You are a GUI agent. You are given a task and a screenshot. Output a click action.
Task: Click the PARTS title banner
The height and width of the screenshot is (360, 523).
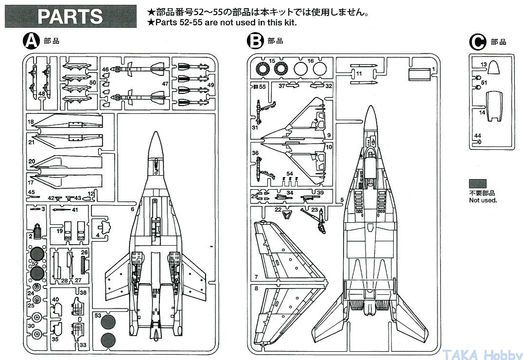point(70,16)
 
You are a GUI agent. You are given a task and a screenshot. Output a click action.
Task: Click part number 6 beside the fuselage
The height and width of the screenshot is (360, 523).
point(132,209)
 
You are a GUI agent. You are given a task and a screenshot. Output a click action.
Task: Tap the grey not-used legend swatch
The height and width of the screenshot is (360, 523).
point(478,183)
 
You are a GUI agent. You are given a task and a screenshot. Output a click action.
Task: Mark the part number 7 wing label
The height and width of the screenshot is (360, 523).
point(256,277)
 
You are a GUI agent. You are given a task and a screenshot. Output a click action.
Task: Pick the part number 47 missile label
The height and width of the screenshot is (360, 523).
point(165,84)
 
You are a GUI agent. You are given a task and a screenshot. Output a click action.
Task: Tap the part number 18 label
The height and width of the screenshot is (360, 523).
point(30,122)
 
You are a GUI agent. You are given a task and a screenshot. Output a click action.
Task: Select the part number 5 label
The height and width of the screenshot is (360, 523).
point(342,200)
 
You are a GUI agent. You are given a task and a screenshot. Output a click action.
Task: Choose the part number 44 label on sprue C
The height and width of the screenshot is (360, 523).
point(478,136)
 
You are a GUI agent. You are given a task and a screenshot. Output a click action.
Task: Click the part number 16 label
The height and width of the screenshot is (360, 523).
point(311,61)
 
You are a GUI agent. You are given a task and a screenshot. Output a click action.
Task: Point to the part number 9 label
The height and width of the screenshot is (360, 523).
point(329,135)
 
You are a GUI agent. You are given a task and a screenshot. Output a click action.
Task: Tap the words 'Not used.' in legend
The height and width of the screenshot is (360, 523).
point(483,200)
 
